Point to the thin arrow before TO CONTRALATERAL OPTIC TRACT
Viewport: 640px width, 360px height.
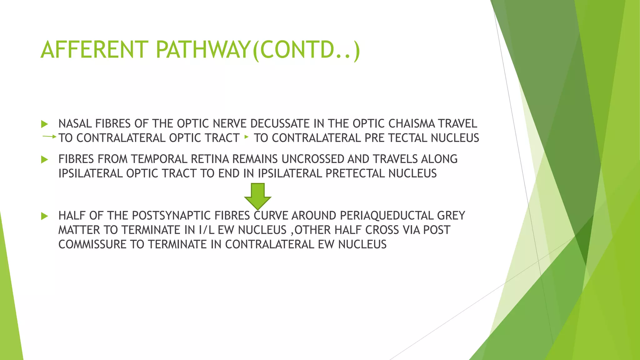pyautogui.click(x=49, y=137)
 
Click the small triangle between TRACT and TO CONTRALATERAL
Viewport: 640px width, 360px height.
pyautogui.click(x=247, y=137)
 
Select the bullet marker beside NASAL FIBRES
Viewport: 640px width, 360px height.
pyautogui.click(x=44, y=124)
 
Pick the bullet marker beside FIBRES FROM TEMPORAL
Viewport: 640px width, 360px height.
pyautogui.click(x=44, y=160)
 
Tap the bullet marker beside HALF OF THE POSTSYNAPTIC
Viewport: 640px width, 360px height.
pyautogui.click(x=44, y=216)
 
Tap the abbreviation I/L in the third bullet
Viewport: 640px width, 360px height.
pyautogui.click(x=206, y=230)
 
